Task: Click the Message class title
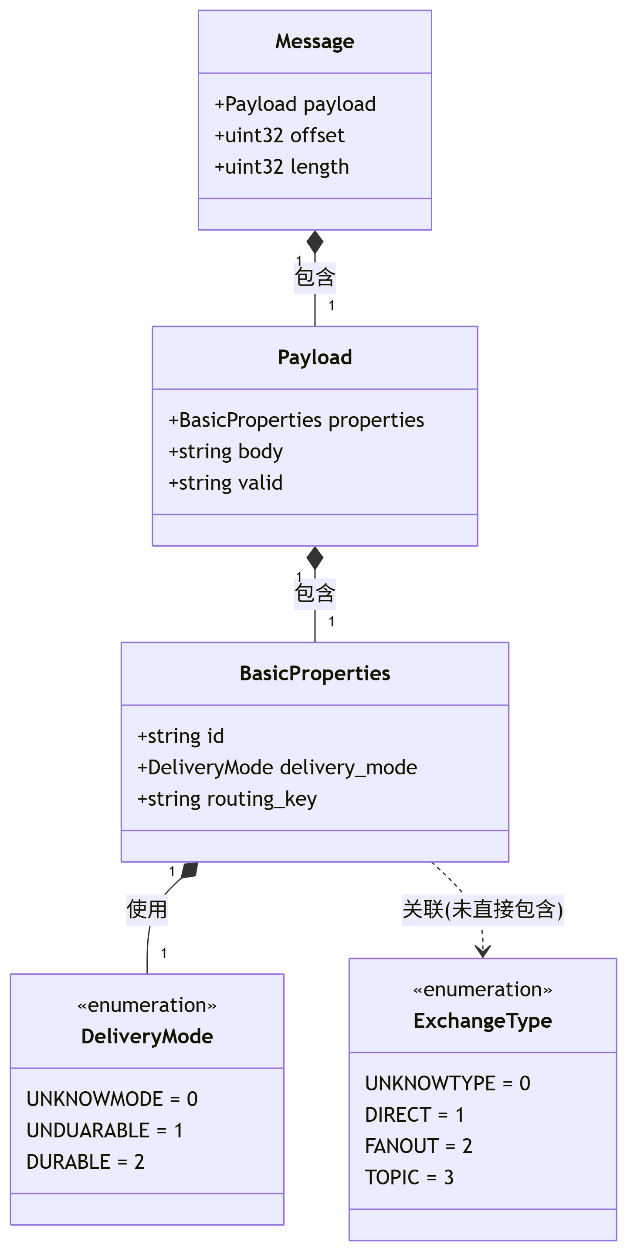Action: click(x=315, y=42)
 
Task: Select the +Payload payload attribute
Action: click(x=295, y=104)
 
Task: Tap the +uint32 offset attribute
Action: click(x=279, y=135)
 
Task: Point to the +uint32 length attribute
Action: click(x=282, y=167)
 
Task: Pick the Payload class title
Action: click(x=315, y=357)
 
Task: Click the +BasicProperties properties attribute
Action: click(x=296, y=420)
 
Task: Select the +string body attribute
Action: click(x=226, y=452)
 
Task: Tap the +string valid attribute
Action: click(x=226, y=483)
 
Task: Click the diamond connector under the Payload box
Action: click(x=315, y=558)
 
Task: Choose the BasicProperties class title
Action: click(x=315, y=673)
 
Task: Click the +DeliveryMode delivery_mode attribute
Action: click(x=277, y=768)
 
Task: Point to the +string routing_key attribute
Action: click(x=227, y=799)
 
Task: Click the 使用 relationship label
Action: click(x=147, y=910)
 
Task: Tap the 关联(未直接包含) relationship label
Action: click(x=482, y=910)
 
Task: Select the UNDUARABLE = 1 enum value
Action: click(x=105, y=1130)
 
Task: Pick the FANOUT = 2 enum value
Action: click(x=418, y=1146)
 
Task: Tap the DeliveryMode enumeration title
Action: click(x=147, y=1036)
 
